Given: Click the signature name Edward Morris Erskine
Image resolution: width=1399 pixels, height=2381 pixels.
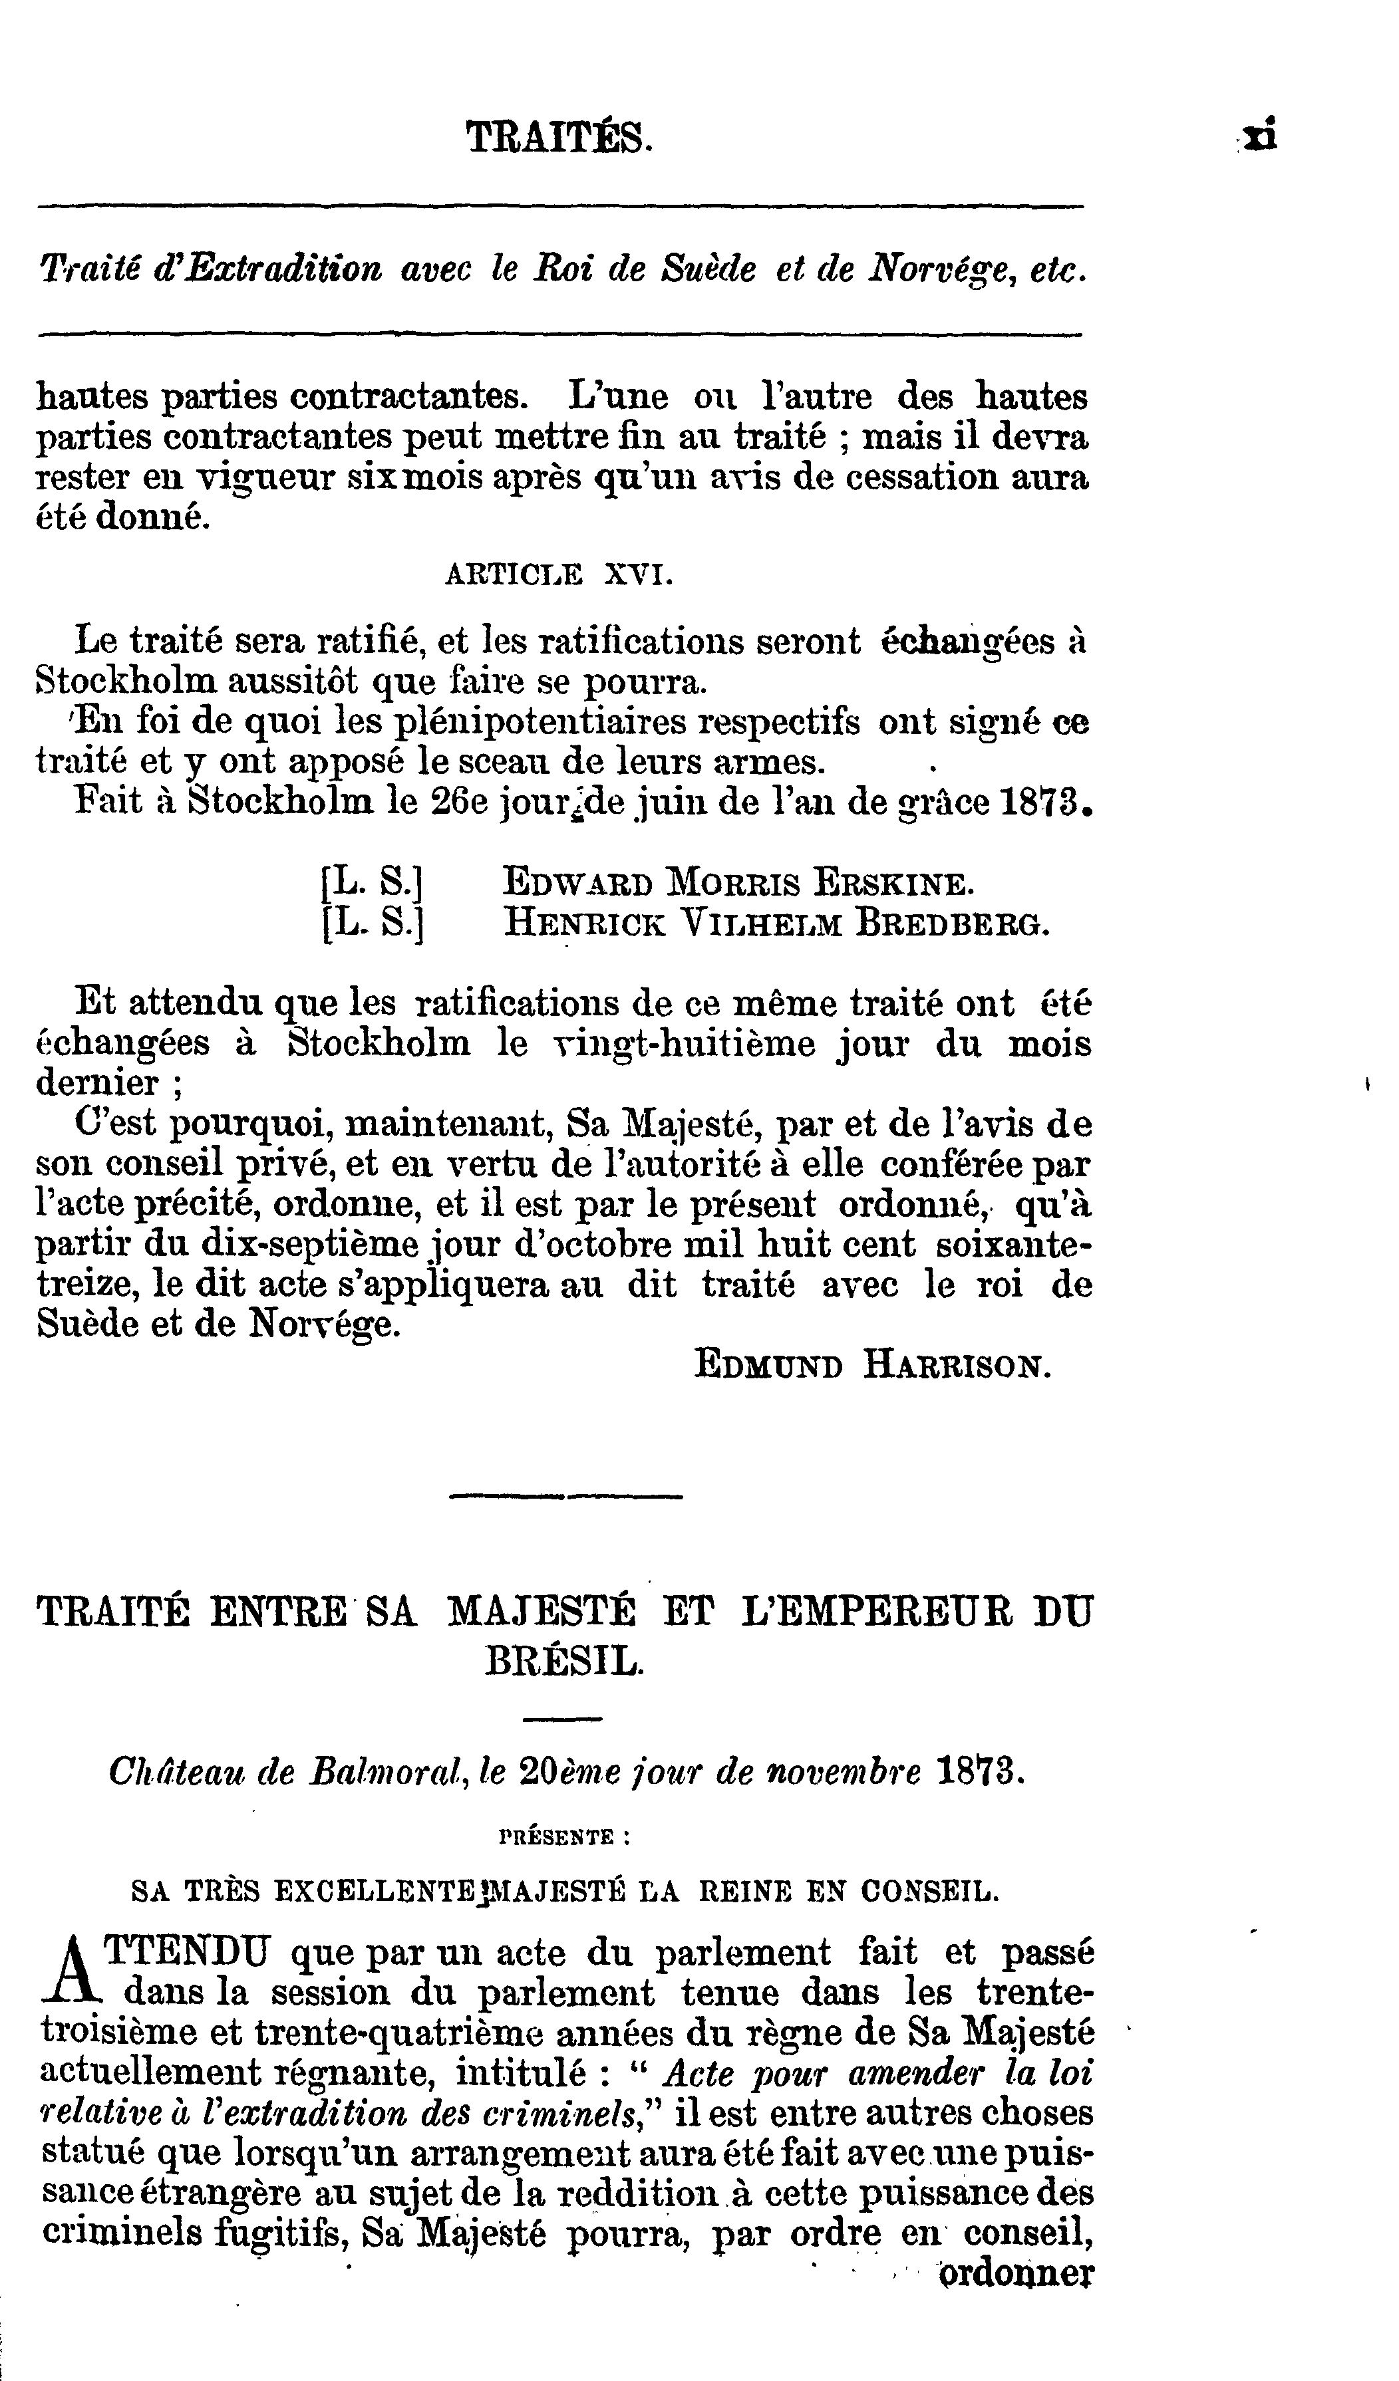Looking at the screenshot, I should click(x=737, y=882).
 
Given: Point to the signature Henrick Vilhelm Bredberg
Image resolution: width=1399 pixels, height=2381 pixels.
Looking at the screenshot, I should click(x=776, y=922).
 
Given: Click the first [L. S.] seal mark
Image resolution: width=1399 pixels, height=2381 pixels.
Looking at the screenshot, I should click(x=371, y=882).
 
